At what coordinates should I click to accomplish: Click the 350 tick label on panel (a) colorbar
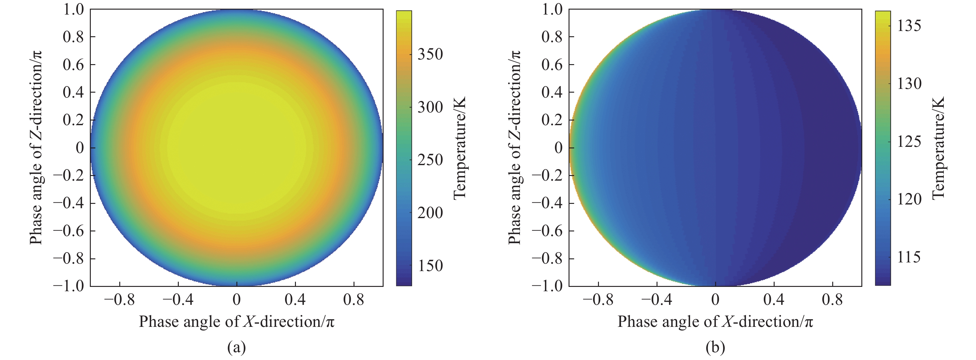(x=430, y=54)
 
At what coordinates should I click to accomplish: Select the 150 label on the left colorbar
(x=430, y=266)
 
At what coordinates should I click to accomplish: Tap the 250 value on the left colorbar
(x=430, y=160)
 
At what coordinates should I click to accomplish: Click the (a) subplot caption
(x=236, y=347)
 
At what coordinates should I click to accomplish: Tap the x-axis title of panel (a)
(x=236, y=321)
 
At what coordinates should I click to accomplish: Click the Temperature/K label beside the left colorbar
(x=459, y=148)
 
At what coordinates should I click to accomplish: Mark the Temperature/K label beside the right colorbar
(x=938, y=148)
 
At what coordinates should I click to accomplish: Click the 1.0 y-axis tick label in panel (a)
(x=73, y=10)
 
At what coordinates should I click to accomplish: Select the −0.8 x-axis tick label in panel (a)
(x=119, y=300)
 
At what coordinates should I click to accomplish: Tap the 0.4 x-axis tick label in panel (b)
(x=774, y=300)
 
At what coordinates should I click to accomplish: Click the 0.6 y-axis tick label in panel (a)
(x=73, y=65)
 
